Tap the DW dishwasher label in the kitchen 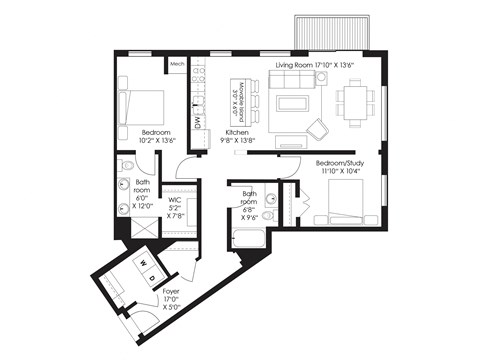[x=198, y=122]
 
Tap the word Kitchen [x=238, y=133]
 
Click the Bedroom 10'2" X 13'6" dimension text [x=158, y=142]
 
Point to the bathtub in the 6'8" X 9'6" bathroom [x=247, y=239]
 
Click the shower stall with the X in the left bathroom [x=139, y=229]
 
